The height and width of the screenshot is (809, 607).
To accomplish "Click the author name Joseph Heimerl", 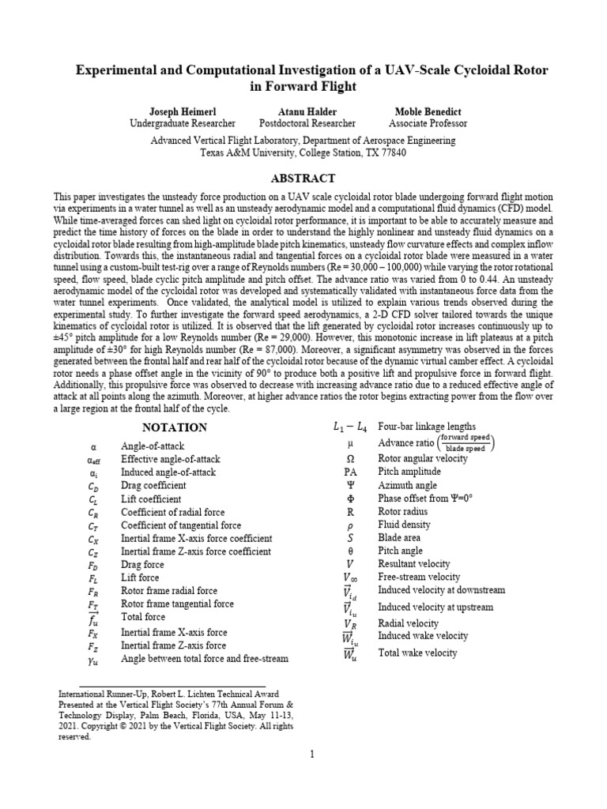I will (182, 111).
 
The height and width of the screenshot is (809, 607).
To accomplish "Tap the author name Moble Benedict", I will (428, 111).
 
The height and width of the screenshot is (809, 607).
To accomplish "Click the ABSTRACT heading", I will (303, 179).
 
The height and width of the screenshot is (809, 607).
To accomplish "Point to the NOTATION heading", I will (174, 427).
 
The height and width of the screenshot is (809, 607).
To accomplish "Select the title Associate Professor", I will (428, 123).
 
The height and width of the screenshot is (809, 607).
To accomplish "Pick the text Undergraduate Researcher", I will (182, 123).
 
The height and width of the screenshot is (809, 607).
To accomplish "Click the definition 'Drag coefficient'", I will (153, 485).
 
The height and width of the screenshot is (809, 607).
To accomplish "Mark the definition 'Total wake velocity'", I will (417, 653).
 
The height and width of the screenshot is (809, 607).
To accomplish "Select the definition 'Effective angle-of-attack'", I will (170, 459).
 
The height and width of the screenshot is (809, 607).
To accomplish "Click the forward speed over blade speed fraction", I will (466, 442).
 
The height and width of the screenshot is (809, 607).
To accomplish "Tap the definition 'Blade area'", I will (400, 536).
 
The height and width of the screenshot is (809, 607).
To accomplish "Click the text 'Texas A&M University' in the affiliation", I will (249, 152).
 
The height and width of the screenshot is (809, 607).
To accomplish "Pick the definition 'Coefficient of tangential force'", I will (181, 525).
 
